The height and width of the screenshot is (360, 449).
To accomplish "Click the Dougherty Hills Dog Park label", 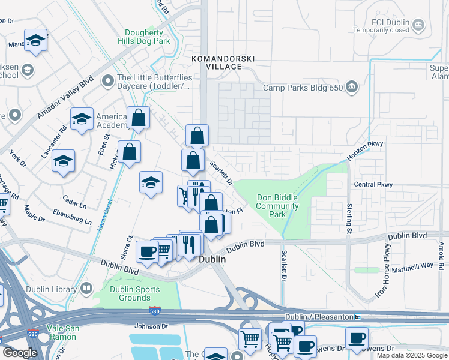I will click(148, 37).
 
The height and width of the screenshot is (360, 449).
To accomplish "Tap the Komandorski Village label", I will click(223, 63).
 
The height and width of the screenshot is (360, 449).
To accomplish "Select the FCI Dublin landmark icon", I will click(418, 25).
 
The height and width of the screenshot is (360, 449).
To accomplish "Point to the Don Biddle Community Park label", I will click(277, 206).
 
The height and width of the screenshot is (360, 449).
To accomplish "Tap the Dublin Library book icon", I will click(86, 289).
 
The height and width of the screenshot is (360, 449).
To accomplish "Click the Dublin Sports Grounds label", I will click(135, 293).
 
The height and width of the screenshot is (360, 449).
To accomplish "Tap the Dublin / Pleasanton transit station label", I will click(318, 316).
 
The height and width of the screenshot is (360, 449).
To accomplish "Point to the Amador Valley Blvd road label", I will click(65, 96).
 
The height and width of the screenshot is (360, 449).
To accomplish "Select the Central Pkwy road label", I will click(373, 185).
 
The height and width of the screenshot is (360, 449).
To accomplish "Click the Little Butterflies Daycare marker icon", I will click(108, 80).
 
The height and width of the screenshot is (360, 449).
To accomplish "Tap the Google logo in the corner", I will click(20, 353).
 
